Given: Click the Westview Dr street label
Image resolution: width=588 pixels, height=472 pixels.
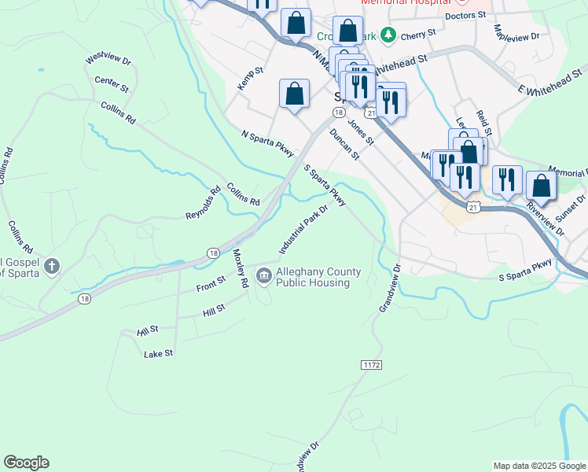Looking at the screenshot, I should tap(108, 59).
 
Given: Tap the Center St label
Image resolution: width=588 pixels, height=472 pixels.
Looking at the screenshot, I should tap(111, 82).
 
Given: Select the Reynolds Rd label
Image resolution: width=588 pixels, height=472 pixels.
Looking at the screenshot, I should tap(204, 203).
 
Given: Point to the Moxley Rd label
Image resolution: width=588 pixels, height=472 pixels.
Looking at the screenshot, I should tap(241, 267).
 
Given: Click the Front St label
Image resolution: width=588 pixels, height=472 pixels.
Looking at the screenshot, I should tap(211, 283).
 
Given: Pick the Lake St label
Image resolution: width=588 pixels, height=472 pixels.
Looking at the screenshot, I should tap(158, 354).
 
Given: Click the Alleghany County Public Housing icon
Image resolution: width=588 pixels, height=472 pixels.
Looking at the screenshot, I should tap(263, 275).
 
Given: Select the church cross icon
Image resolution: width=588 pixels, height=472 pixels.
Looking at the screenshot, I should tap(52, 267).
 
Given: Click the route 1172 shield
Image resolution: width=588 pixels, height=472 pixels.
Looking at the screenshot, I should tap(371, 365).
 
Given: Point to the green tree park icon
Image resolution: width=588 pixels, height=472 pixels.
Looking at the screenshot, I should tap(387, 35).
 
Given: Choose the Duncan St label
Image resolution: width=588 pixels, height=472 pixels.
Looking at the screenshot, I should tap(344, 146).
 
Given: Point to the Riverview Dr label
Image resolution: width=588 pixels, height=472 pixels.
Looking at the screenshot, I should tap(546, 219).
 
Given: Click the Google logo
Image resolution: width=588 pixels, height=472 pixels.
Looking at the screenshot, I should tap(26, 463).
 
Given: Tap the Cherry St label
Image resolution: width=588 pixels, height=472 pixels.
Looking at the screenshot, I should tap(417, 36).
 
